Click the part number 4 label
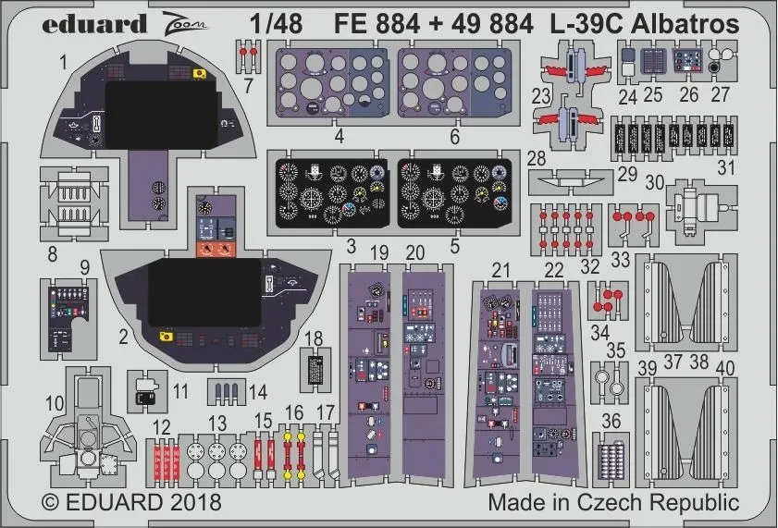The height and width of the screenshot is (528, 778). (x=340, y=135)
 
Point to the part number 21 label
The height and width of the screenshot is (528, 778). (x=501, y=270)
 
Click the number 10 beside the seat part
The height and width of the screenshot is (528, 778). (x=55, y=402)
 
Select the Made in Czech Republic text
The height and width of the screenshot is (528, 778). (x=613, y=503)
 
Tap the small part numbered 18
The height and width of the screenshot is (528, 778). (x=315, y=370)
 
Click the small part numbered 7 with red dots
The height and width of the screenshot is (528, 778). (x=247, y=53)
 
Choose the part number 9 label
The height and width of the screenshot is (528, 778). (x=84, y=269)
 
